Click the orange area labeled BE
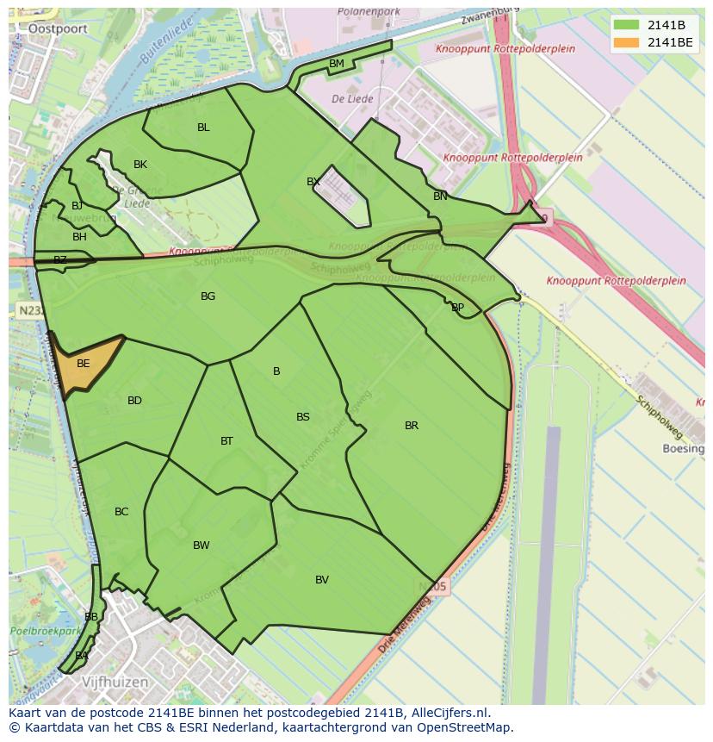coord(84,364)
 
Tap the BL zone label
coord(203,128)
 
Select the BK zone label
coord(140,165)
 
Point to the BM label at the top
coord(337,64)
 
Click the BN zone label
coord(440,196)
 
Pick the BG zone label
coord(208,296)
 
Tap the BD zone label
coord(134,401)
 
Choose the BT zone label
coord(226,441)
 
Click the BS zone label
coord(303,417)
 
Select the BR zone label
coord(412,426)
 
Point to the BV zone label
coord(322,580)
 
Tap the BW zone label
coord(201,546)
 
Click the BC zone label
coord(121,512)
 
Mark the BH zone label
coord(79,237)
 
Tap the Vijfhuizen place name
coord(115,682)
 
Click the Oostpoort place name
coord(52,28)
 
